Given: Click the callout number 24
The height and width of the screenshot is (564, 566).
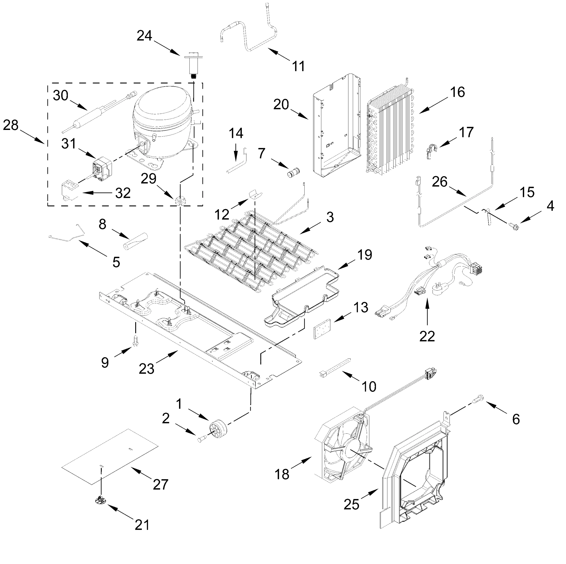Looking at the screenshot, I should coord(144,36).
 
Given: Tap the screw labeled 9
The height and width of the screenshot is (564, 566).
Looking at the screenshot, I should coord(136,341).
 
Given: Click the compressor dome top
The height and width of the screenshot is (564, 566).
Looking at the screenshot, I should coord(163,101).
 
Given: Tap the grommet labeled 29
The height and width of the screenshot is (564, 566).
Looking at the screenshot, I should coord(179,201).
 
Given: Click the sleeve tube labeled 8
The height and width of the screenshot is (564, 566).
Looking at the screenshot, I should coord(135,240).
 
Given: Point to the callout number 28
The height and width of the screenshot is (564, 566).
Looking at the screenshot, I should coord(11,125).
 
